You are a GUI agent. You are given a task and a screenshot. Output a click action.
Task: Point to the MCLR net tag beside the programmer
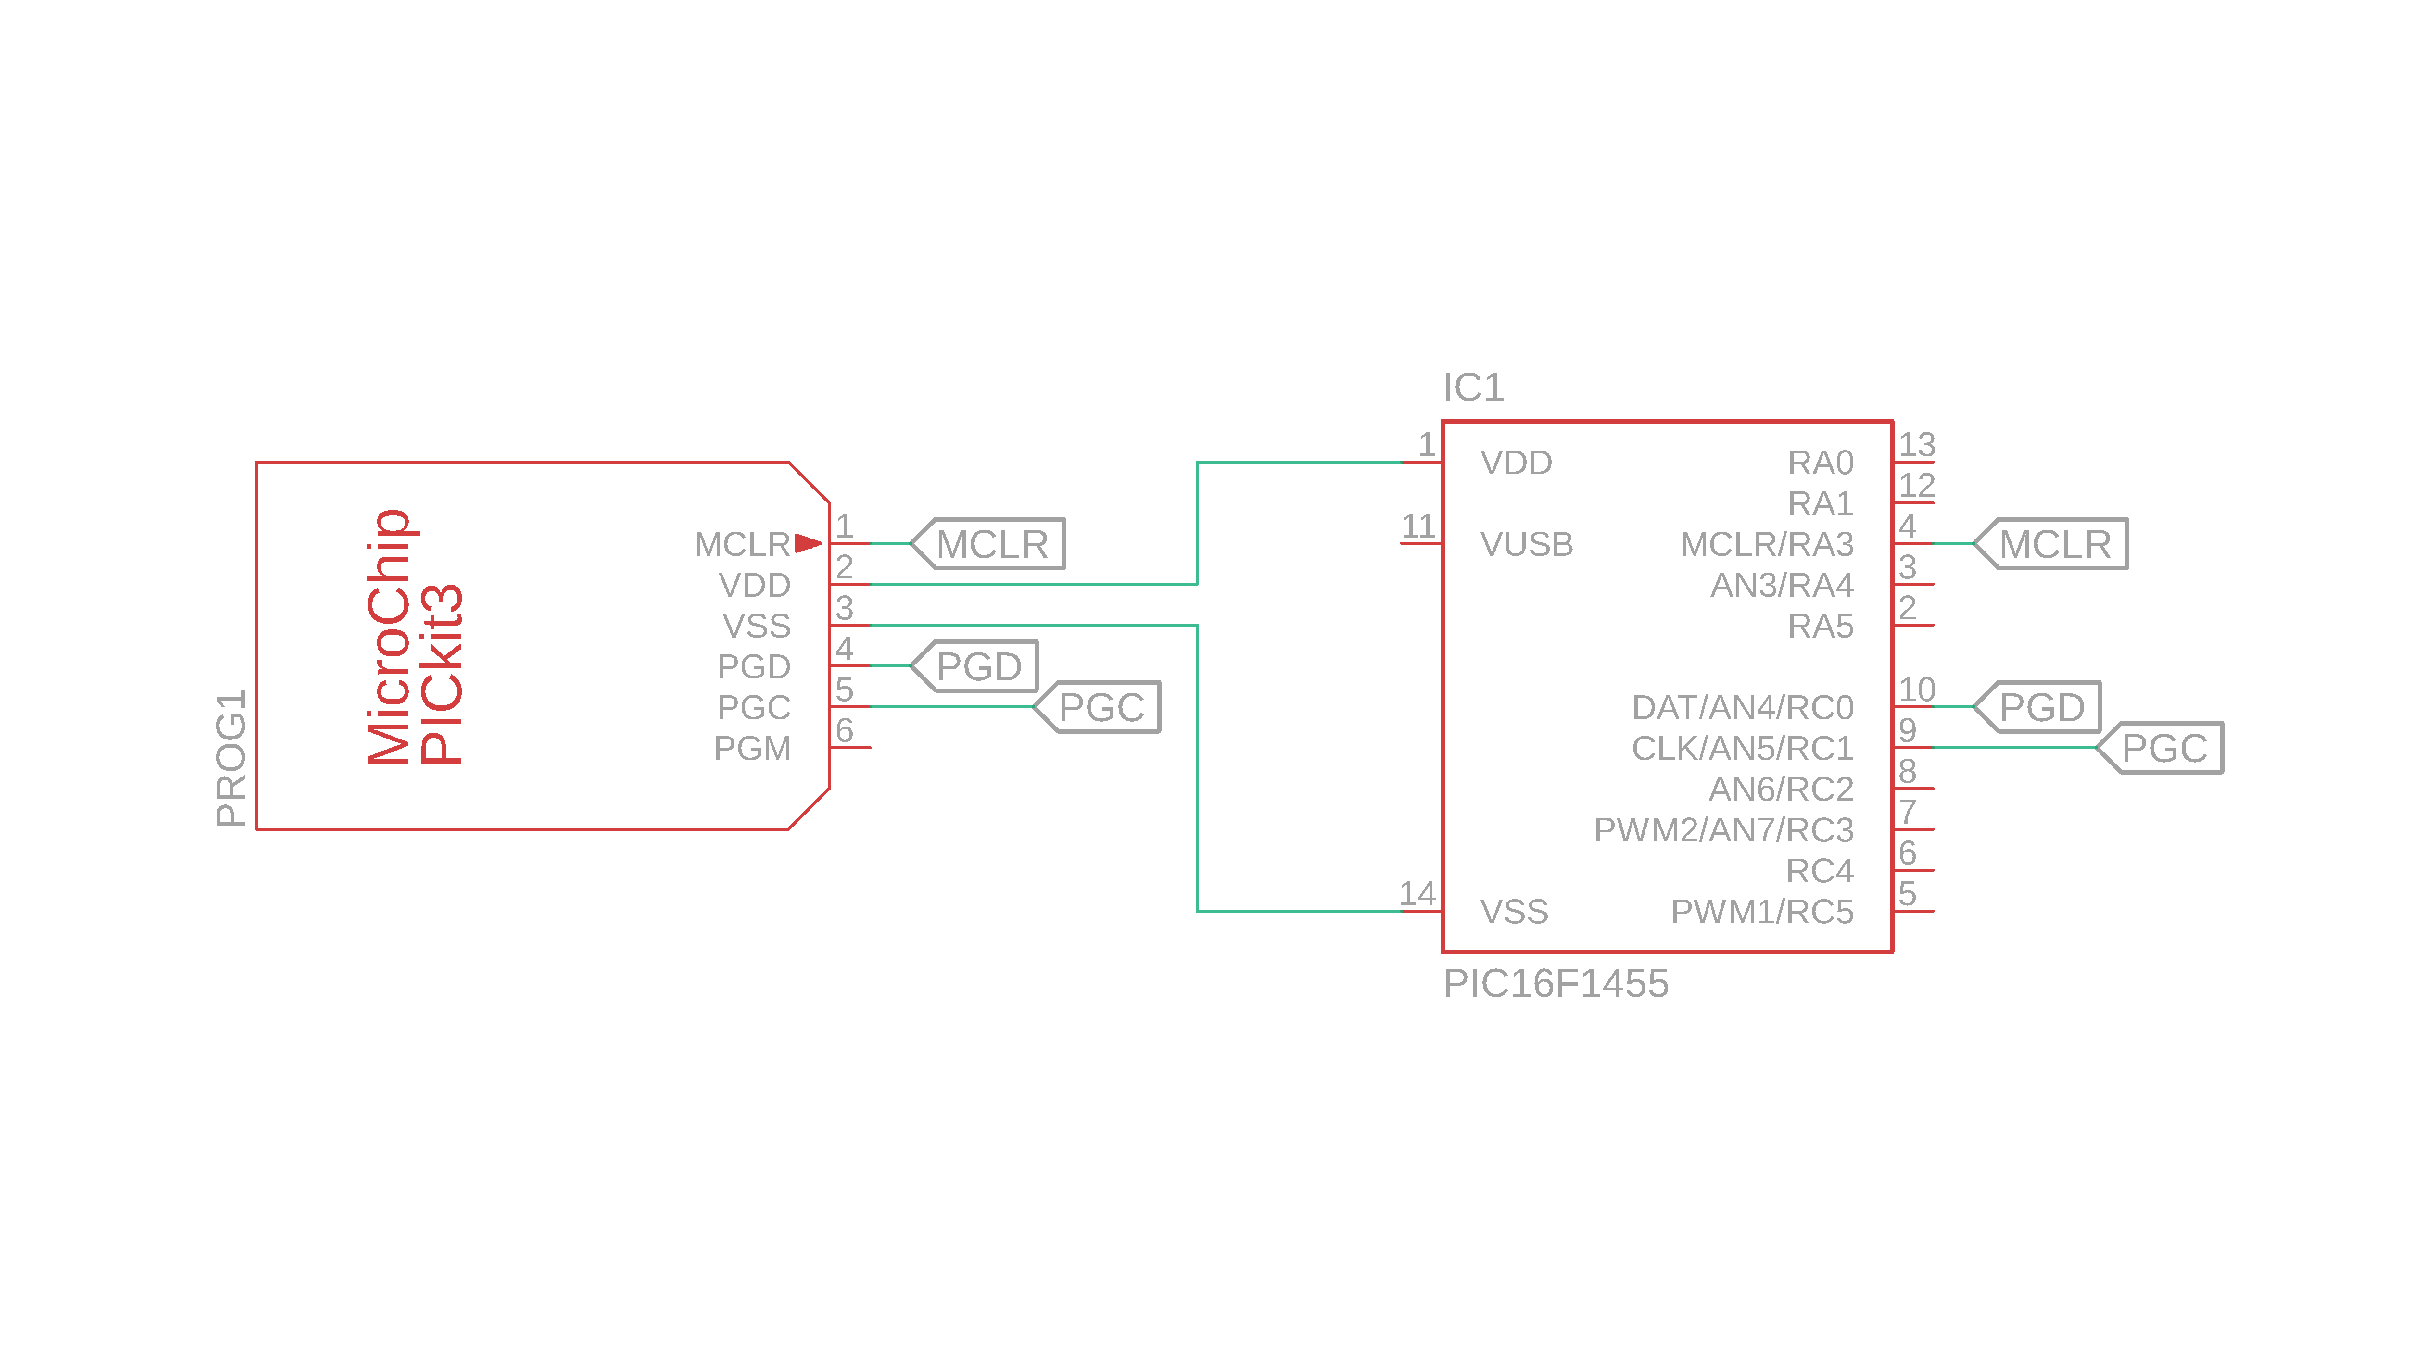click(x=990, y=544)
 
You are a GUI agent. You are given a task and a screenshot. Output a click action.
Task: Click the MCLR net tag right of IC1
click(x=2054, y=544)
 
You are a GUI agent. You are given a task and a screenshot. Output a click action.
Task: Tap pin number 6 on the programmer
click(x=844, y=730)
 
